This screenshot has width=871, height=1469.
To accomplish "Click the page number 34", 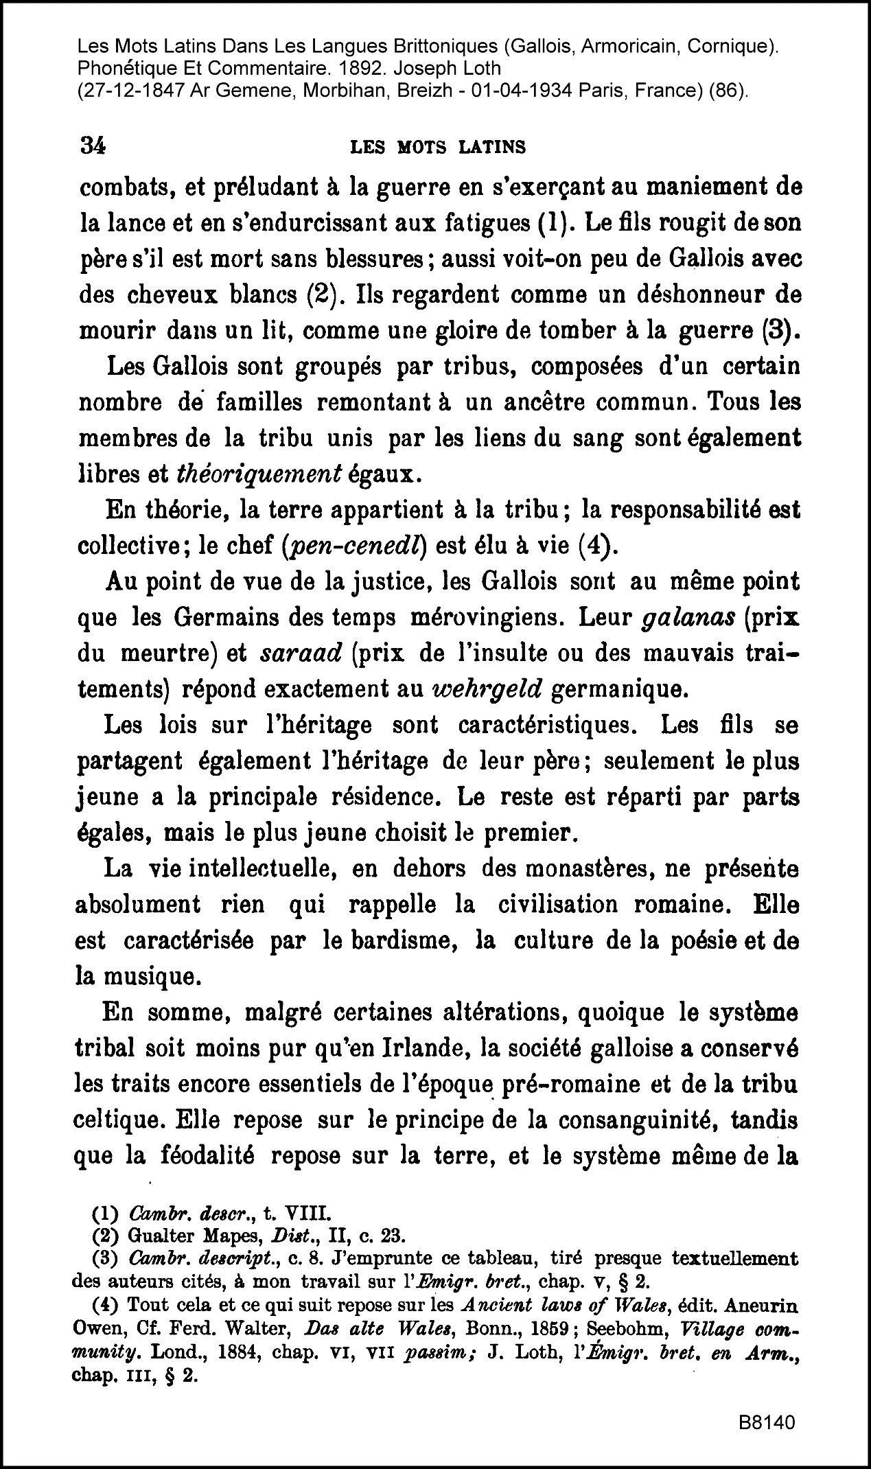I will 93,146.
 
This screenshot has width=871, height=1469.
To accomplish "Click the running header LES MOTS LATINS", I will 438,147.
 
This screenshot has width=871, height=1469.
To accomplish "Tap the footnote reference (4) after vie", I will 600,547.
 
